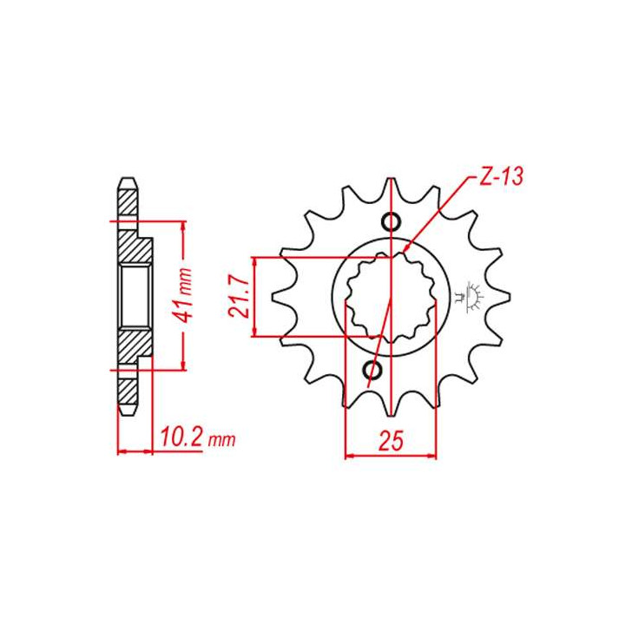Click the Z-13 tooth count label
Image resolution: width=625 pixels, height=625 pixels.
pos(500,177)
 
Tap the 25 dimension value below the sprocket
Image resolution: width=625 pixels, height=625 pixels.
pos(391,440)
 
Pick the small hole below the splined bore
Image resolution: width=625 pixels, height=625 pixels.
pos(375,372)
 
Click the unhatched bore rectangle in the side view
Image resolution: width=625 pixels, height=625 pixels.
pos(134,295)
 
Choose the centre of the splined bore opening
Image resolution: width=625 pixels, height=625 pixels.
pos(391,295)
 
